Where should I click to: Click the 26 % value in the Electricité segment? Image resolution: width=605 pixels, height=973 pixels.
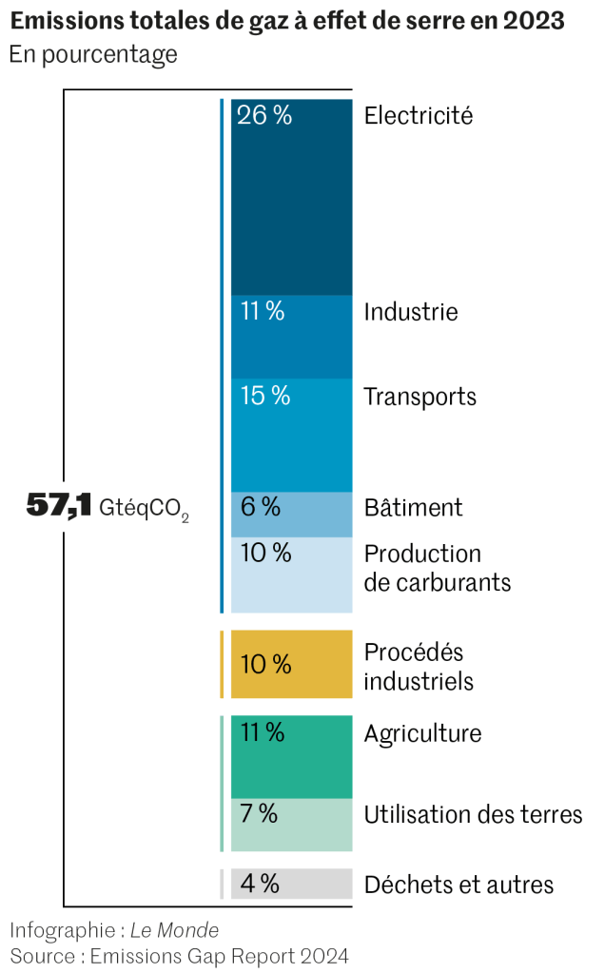(x=264, y=116)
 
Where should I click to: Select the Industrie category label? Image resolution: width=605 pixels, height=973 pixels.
(x=411, y=312)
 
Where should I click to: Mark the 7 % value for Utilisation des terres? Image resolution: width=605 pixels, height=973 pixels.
(x=259, y=813)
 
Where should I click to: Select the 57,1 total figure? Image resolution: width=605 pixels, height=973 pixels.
(x=58, y=507)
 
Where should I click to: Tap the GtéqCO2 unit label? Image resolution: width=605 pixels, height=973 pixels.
(x=144, y=509)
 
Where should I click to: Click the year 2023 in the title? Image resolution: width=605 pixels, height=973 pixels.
(x=537, y=22)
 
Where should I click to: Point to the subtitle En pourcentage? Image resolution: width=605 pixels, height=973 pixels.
(x=93, y=54)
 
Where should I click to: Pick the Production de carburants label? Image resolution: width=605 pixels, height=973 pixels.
(x=438, y=568)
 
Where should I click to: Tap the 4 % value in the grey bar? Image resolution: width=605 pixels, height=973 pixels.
(x=260, y=884)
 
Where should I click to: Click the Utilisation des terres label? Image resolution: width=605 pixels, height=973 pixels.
(x=473, y=814)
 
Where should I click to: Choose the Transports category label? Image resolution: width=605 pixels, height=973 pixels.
(x=420, y=397)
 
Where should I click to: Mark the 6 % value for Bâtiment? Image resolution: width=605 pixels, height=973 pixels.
(x=260, y=507)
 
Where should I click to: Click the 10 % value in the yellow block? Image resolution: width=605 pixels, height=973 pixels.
(x=265, y=664)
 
